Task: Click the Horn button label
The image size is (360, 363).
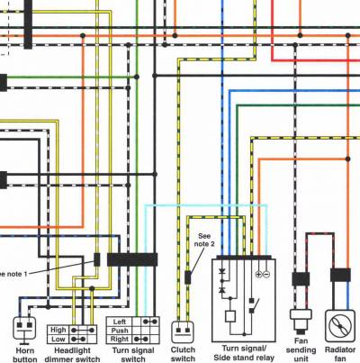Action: (25, 355)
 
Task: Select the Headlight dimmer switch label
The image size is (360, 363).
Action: (72, 355)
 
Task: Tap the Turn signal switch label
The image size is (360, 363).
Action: (133, 355)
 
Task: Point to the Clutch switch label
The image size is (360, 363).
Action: (183, 354)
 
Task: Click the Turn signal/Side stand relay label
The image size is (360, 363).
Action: (244, 353)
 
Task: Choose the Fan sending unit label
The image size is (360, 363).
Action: (301, 350)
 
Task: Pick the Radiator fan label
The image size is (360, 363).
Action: (340, 354)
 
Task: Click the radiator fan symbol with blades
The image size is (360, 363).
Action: (340, 326)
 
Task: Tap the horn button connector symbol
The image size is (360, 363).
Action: (24, 329)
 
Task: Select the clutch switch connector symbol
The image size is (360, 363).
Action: (183, 332)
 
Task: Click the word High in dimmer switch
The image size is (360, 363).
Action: (58, 330)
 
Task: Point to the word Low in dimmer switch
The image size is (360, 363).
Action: (58, 340)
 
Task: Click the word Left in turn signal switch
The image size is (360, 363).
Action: (120, 322)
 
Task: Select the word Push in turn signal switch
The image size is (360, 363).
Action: (120, 331)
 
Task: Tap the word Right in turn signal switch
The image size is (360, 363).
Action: (120, 340)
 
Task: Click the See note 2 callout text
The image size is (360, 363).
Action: (204, 240)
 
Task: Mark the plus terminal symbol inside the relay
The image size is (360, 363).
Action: (258, 274)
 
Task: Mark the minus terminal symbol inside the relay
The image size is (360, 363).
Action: (266, 274)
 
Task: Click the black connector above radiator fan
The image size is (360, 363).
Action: (340, 275)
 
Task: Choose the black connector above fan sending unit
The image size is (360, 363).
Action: (301, 279)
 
